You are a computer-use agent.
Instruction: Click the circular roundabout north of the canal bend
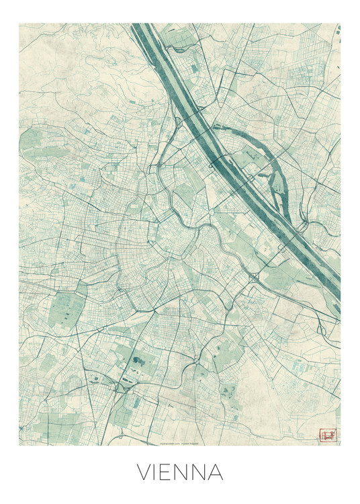[x=210, y=212]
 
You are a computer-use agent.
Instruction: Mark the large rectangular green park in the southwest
[x=67, y=310]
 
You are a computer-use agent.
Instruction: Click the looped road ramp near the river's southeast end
[x=321, y=329]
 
